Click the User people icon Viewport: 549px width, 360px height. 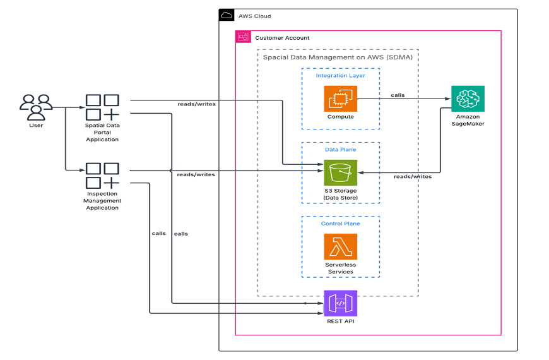36,107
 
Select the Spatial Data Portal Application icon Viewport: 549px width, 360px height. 102,107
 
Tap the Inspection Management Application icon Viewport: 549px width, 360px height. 102,176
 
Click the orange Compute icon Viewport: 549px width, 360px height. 340,99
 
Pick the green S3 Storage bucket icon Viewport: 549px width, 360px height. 340,172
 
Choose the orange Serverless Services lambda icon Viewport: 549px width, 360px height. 340,246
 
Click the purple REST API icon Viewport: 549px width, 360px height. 340,303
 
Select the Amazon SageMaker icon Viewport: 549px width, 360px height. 468,99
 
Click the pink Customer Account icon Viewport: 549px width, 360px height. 243,38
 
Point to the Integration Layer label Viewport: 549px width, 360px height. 340,76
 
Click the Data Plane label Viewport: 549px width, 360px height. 340,150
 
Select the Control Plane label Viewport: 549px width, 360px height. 340,224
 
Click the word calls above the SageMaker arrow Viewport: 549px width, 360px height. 398,95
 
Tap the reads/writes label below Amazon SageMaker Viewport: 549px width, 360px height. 413,177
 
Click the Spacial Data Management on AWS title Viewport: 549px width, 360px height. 338,57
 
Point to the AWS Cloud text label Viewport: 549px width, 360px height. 254,16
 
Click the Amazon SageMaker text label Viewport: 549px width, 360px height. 468,120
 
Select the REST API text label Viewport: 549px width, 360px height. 340,321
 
